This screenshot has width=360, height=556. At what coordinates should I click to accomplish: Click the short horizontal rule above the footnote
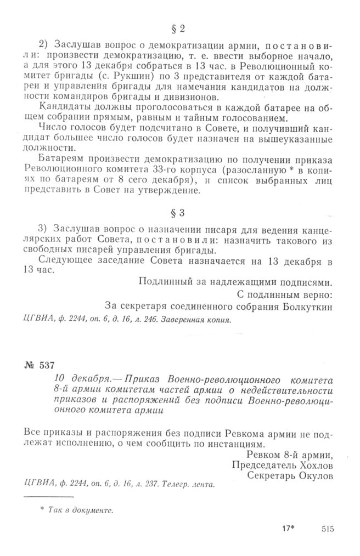click(x=42, y=497)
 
